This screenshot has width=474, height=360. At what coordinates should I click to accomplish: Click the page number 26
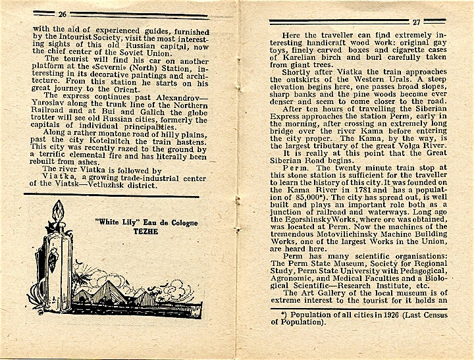[63, 14]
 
